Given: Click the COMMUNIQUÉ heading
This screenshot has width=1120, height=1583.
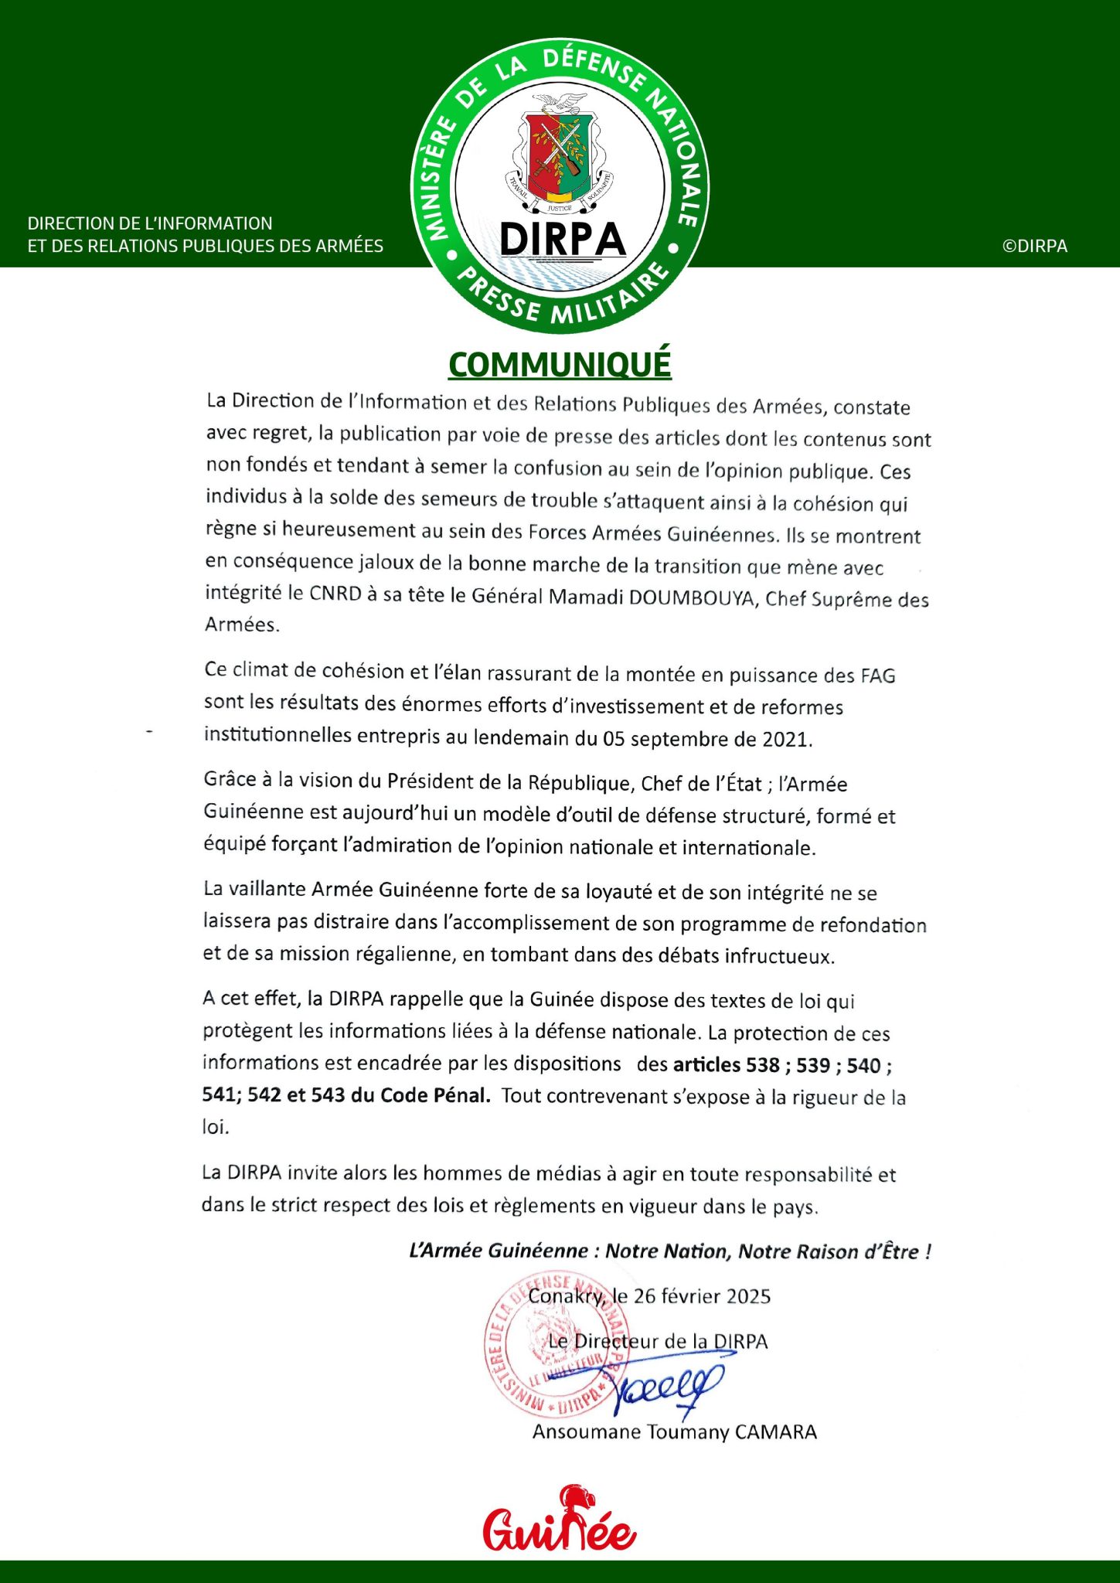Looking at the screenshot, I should point(560,365).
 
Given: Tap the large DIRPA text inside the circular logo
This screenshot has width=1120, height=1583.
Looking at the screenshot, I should point(562,239).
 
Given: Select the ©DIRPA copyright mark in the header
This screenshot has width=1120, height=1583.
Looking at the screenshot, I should point(1034,246).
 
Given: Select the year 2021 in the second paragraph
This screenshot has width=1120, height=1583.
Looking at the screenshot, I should point(785,739).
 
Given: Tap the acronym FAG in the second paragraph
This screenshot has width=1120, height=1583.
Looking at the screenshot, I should point(877,676).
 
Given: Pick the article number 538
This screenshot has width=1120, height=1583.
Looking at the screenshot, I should point(763,1065).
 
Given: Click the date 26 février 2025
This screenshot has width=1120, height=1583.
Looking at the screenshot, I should point(702,1296).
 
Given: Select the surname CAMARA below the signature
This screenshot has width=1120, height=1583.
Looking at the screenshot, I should point(775,1432).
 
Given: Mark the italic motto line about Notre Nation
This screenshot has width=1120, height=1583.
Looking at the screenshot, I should point(669,1251).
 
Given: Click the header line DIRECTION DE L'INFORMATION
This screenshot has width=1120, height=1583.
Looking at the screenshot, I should point(150,223).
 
